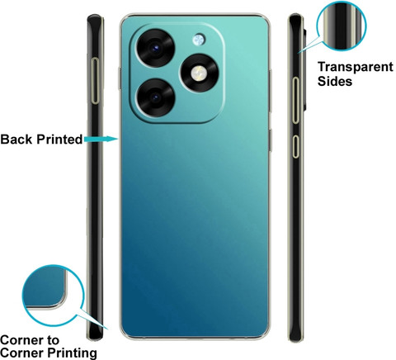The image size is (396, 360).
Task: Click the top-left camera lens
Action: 155,48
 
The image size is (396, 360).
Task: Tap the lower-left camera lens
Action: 156,97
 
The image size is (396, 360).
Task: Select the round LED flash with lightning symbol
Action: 200,73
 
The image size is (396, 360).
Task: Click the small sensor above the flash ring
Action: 199,40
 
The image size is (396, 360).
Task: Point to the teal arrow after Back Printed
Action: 101,139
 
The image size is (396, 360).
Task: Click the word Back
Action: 16,140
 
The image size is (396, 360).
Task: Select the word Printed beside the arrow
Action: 59,140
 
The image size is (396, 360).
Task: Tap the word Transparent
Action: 356,68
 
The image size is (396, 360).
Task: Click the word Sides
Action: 335,82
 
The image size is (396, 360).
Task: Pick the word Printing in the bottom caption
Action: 72,353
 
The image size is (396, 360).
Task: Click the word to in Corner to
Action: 54,340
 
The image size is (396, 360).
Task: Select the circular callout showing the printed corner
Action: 52,296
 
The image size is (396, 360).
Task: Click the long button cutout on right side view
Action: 295,100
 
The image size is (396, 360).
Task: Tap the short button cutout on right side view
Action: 295,147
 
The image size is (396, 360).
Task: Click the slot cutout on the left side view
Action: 96,81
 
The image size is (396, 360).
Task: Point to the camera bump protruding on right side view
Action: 304,70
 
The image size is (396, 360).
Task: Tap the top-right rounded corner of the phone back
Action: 265,19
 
